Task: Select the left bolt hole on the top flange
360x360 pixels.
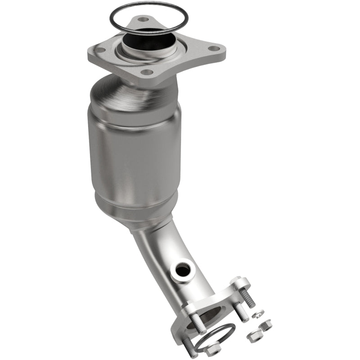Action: [x=101, y=50]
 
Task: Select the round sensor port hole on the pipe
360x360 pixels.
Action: [x=183, y=270]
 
